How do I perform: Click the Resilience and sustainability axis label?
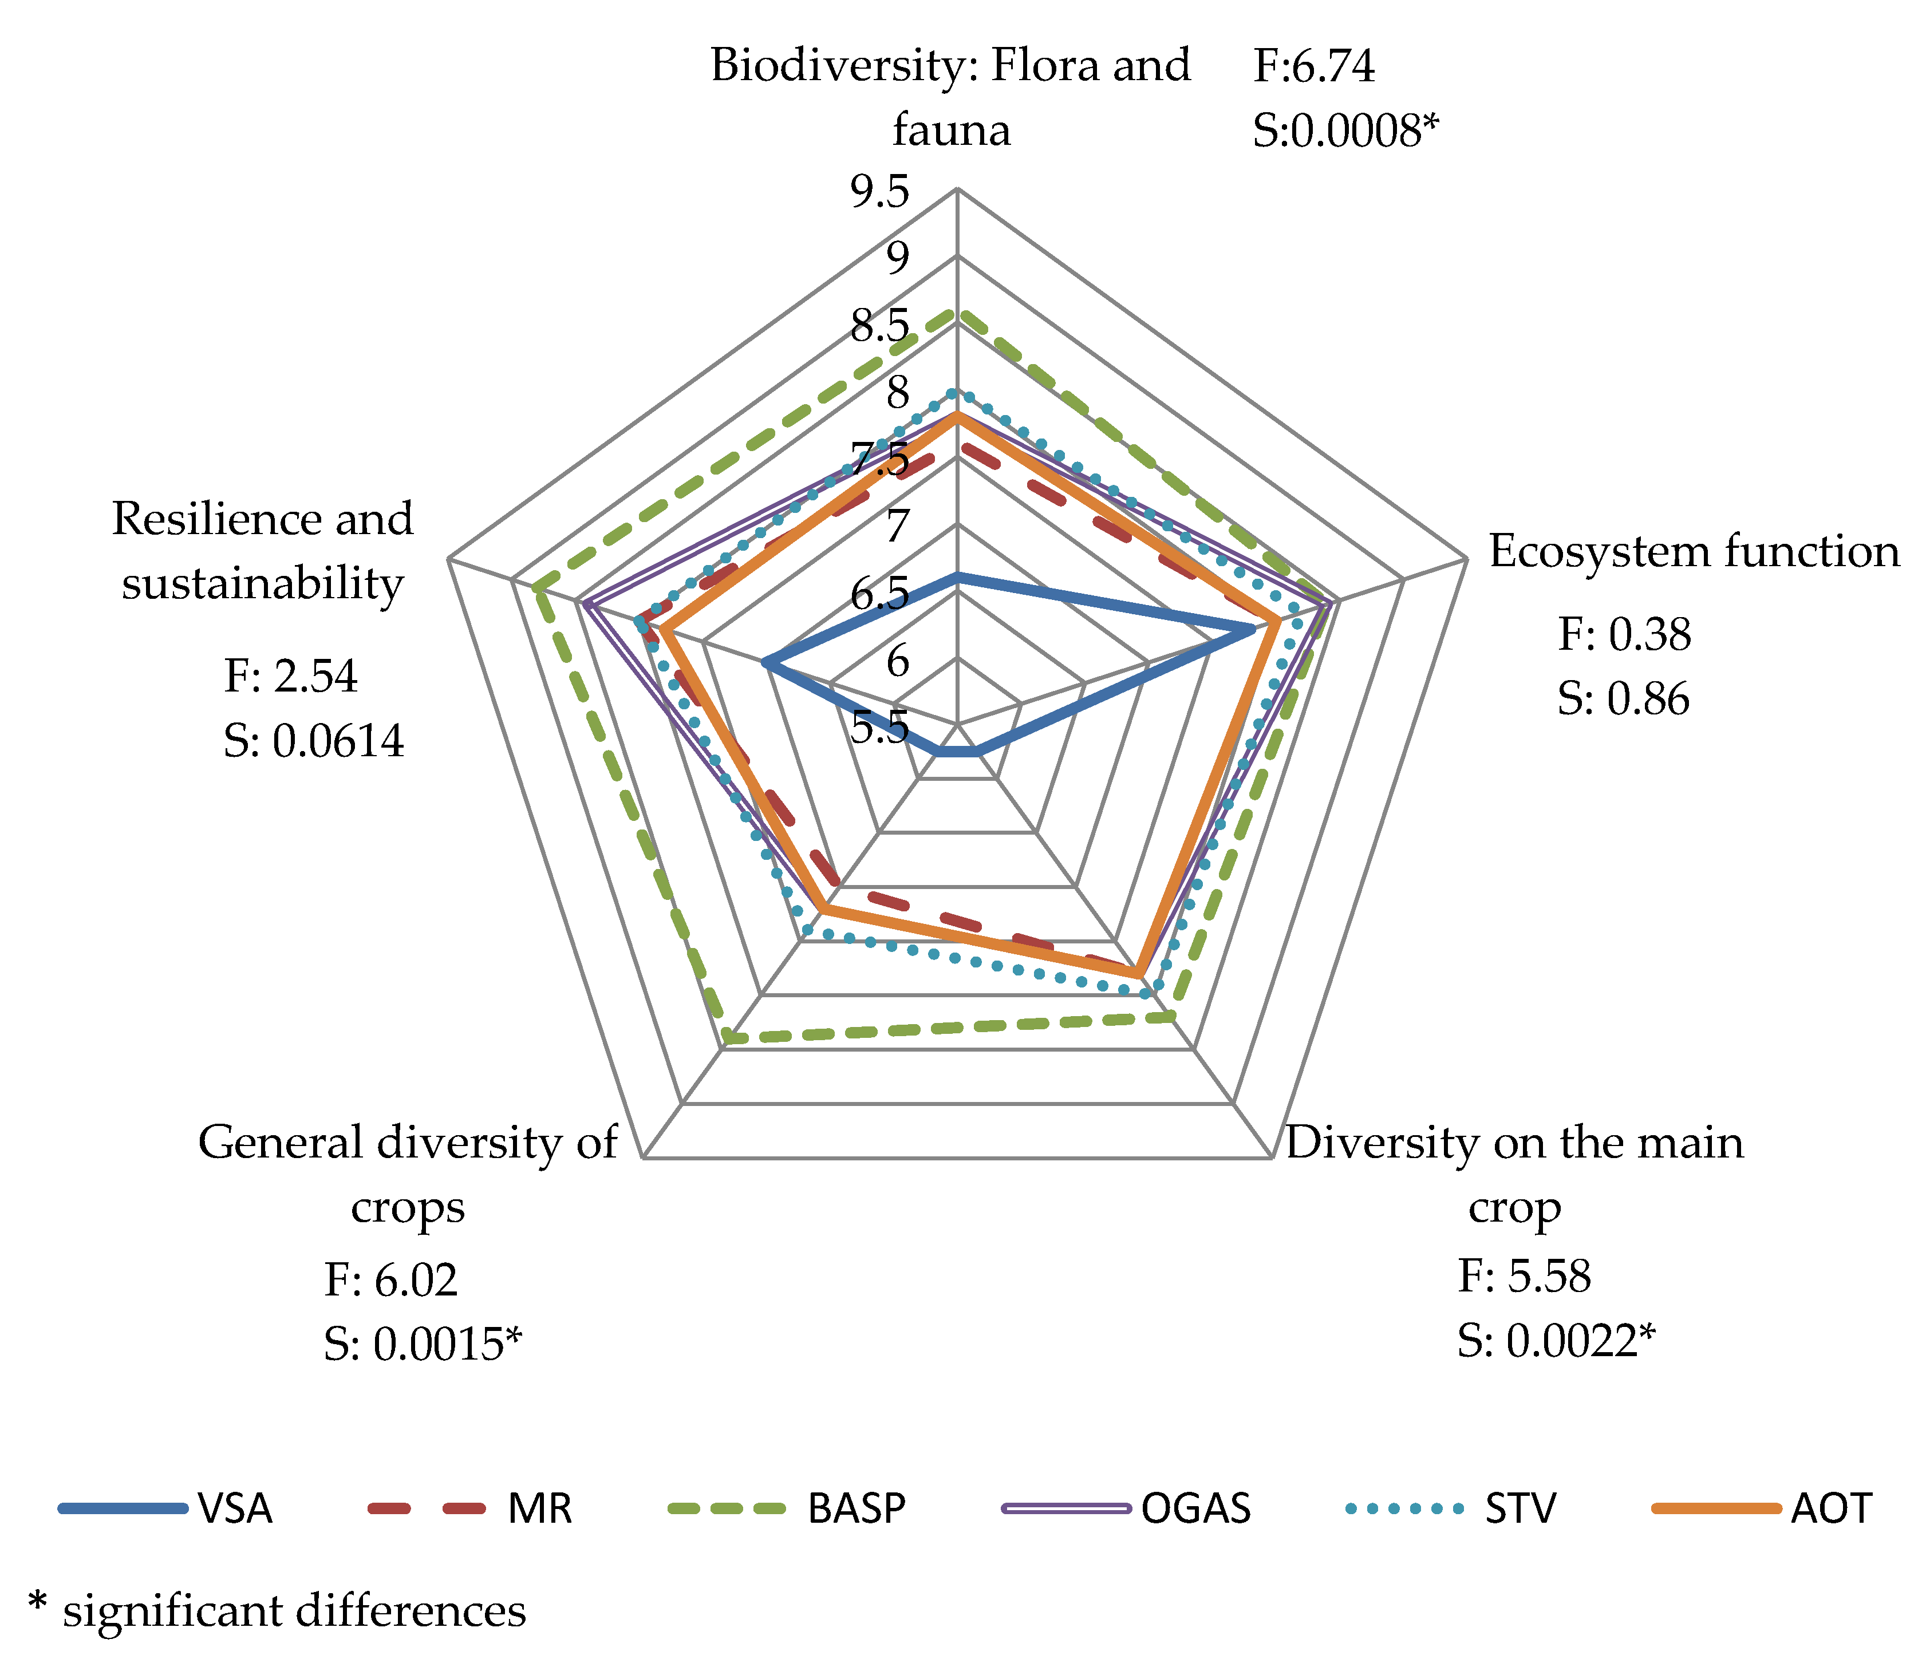click(x=262, y=551)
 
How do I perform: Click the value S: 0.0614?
click(x=314, y=741)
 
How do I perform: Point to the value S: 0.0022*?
click(x=1556, y=1341)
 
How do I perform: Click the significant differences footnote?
click(x=277, y=1610)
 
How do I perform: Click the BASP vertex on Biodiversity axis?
click(x=957, y=314)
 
